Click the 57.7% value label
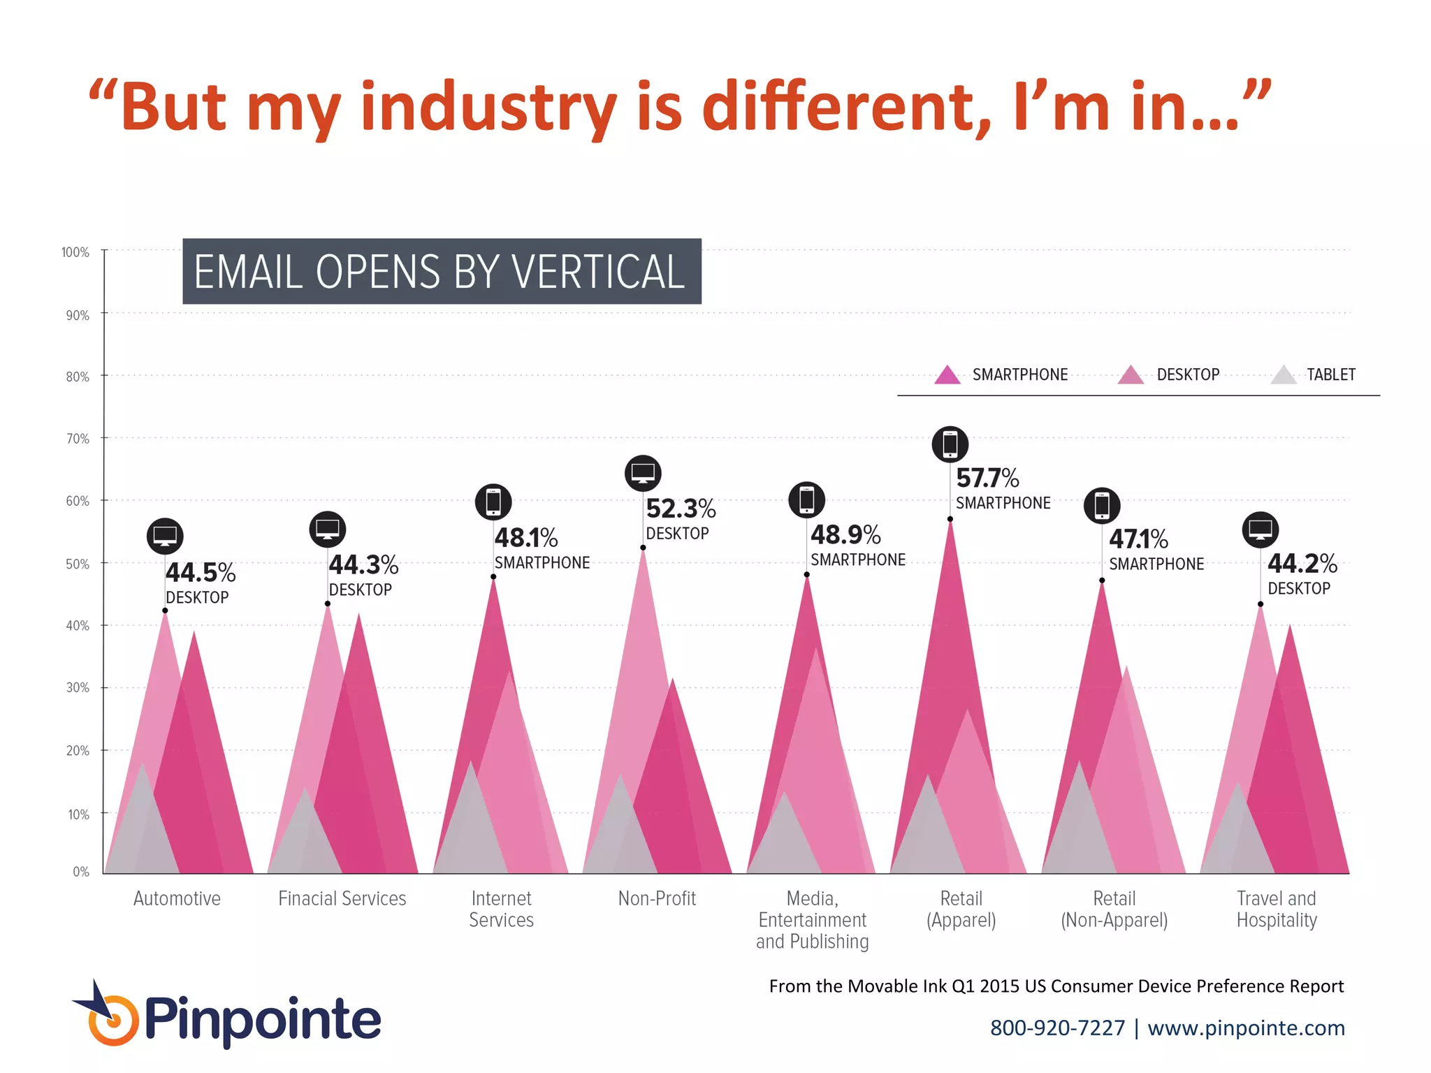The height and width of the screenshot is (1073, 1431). tap(987, 479)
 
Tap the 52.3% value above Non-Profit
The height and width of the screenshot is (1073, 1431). tap(681, 509)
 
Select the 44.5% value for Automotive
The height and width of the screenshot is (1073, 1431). tap(201, 573)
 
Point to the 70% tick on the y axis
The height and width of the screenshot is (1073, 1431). tap(78, 439)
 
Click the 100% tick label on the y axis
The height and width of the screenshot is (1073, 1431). tap(75, 252)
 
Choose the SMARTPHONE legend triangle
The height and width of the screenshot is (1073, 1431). tap(947, 376)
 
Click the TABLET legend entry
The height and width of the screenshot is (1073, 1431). tap(1330, 375)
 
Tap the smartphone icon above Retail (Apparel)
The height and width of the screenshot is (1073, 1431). tap(950, 444)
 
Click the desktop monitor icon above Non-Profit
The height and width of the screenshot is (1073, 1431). tap(643, 474)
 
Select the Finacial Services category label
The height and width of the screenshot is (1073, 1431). tap(342, 898)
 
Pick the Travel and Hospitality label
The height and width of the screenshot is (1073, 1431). tap(1277, 909)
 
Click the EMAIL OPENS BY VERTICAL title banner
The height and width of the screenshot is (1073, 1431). tap(442, 272)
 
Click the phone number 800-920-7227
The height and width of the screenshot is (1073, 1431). tap(1057, 1028)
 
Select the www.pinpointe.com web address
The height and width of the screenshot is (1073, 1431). tap(1246, 1028)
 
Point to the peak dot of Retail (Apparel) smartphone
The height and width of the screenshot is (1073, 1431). tap(950, 519)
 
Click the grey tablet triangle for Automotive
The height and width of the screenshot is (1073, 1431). tap(142, 824)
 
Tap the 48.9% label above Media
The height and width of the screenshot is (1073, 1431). tap(845, 535)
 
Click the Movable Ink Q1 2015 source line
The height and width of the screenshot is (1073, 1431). tap(1056, 986)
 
